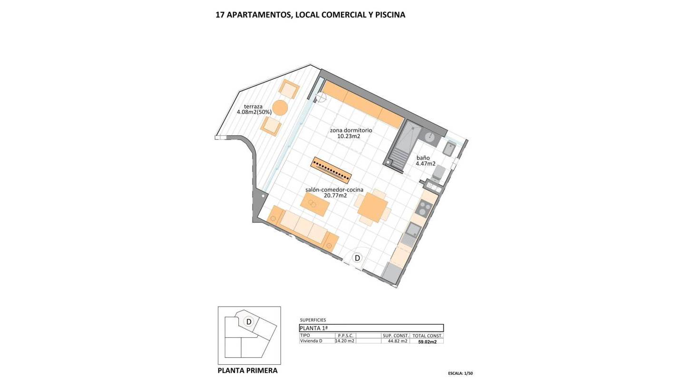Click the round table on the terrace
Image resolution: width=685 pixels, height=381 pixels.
click(x=280, y=108)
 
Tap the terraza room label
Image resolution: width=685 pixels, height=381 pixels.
click(x=253, y=107)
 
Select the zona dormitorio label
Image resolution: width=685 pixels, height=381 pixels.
click(x=351, y=130)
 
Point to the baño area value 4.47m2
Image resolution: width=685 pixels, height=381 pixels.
click(x=425, y=164)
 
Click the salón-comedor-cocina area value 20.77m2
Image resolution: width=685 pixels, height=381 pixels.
click(x=335, y=195)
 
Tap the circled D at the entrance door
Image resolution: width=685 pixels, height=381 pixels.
click(x=357, y=258)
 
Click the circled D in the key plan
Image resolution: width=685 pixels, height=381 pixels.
click(x=249, y=322)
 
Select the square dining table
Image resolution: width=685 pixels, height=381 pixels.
click(x=372, y=208)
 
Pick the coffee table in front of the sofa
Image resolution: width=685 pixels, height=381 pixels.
click(x=315, y=204)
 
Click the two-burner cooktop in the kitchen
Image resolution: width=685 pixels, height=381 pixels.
click(x=423, y=208)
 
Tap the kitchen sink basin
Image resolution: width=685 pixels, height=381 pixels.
click(x=413, y=231)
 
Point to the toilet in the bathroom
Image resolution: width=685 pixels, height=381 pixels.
click(x=438, y=173)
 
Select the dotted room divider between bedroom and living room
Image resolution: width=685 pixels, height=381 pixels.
click(x=331, y=170)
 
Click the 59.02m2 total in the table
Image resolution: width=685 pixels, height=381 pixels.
click(x=427, y=342)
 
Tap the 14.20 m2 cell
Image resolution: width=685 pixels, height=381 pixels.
click(x=344, y=341)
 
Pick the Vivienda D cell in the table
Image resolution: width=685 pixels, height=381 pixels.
click(x=311, y=341)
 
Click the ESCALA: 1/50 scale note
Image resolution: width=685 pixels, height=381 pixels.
click(x=460, y=373)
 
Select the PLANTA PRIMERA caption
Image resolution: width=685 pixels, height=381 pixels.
click(x=247, y=371)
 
